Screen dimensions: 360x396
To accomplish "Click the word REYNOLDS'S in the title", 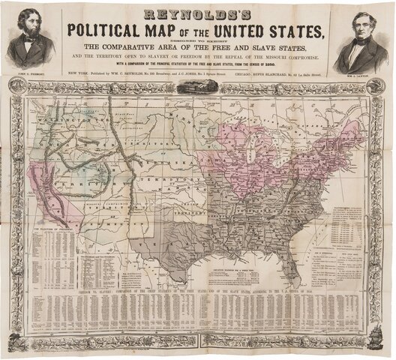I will (197, 13).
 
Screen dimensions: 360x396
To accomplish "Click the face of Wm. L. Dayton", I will (365, 32).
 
